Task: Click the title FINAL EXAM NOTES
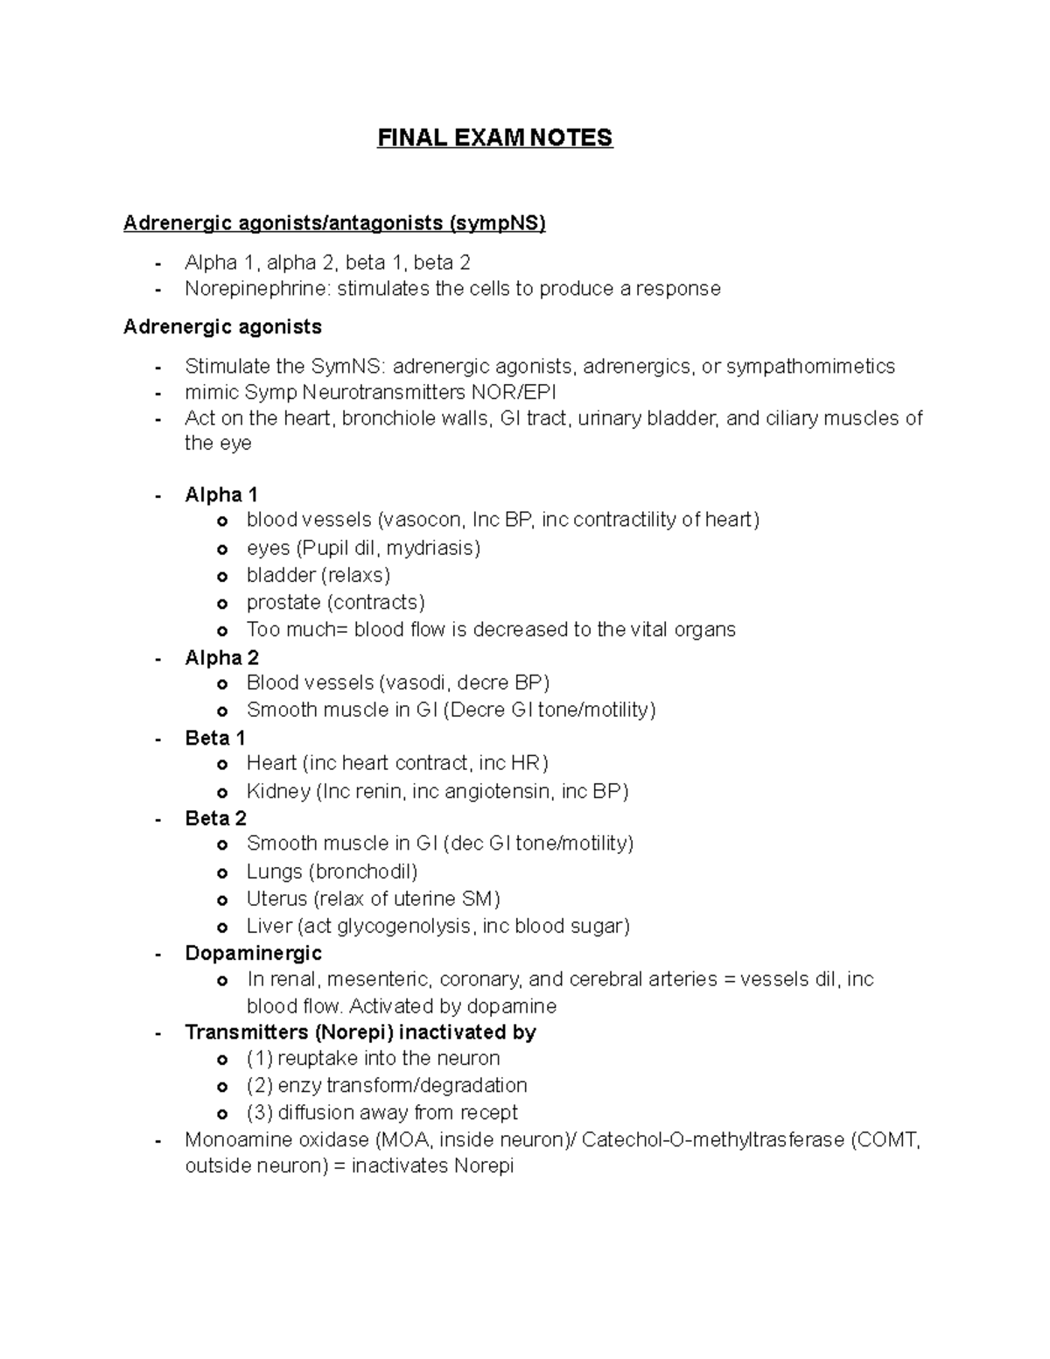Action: (x=494, y=138)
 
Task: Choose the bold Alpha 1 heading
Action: (x=221, y=494)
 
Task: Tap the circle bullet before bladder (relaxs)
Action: (x=222, y=576)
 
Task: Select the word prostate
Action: (x=283, y=602)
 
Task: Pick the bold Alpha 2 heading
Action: (x=221, y=657)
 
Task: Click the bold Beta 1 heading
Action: (x=215, y=738)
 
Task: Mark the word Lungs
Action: (x=274, y=872)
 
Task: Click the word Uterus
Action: (x=276, y=899)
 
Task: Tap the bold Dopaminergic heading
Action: (x=253, y=953)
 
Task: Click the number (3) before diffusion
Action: (x=259, y=1112)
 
